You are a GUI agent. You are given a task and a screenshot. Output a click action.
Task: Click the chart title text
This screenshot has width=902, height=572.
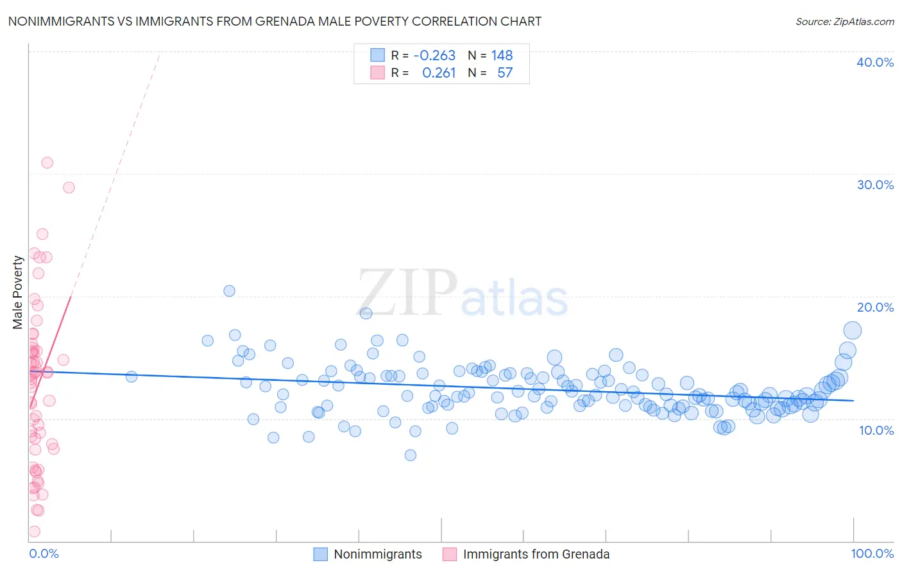pos(275,21)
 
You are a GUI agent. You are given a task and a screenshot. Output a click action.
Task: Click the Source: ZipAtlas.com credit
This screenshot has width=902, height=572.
pos(844,21)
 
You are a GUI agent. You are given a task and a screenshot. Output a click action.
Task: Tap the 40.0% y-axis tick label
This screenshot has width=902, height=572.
pos(875,62)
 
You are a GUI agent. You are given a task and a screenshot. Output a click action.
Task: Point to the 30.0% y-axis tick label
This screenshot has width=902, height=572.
pos(875,185)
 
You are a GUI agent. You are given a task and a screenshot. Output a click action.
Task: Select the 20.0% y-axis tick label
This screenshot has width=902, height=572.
pos(875,307)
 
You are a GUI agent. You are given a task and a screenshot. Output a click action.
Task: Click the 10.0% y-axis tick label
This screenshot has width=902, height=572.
pos(876,430)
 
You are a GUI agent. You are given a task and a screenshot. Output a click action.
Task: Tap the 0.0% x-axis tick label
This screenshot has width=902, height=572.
pos(44,553)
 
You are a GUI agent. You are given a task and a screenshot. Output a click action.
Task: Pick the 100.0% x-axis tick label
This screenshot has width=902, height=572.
pos(872,553)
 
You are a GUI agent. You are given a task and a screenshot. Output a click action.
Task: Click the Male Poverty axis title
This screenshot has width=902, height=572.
pos(18,292)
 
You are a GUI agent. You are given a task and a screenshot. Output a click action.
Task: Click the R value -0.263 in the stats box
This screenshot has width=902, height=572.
pos(434,56)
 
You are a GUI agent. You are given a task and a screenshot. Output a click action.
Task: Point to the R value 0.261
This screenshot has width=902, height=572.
pos(439,73)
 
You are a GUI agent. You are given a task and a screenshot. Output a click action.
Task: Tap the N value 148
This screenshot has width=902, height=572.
pos(502,56)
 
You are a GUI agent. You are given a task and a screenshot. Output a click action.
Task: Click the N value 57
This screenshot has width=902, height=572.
pos(505,73)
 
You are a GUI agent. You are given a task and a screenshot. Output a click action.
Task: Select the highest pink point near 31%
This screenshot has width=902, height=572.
pos(47,163)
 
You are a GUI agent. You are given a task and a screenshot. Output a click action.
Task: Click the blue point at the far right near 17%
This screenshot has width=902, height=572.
pos(852,331)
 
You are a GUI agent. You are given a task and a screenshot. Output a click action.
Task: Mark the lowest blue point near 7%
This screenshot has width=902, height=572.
pos(411,455)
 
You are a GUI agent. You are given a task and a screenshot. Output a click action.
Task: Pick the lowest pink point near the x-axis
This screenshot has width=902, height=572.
pos(35,532)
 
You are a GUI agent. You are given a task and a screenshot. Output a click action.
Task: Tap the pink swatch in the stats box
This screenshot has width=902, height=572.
pos(377,73)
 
